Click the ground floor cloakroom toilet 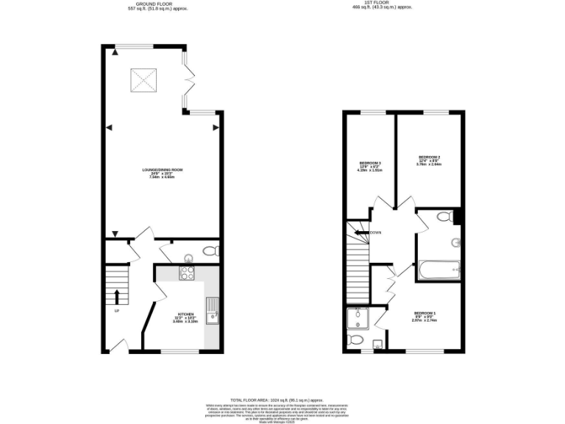pos(210,252)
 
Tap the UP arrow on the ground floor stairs pos(117,296)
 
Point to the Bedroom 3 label pos(369,166)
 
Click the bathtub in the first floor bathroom pos(438,271)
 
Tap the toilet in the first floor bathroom pos(444,216)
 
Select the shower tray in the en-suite pos(359,319)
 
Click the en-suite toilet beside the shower pos(355,340)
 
